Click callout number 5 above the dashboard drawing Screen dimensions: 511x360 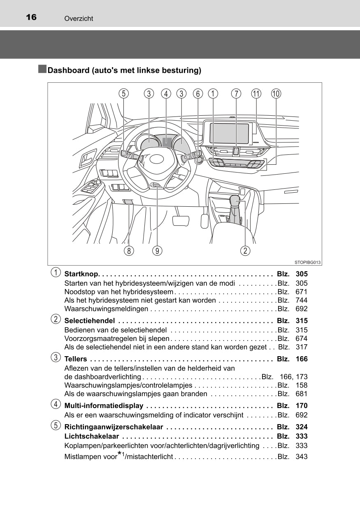click(x=123, y=94)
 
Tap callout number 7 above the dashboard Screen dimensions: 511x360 click(x=236, y=94)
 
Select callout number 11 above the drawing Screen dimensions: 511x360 click(x=256, y=94)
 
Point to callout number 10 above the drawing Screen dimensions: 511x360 click(x=276, y=94)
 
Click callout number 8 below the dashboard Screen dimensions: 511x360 click(x=129, y=250)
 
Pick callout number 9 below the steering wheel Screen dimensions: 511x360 click(x=157, y=250)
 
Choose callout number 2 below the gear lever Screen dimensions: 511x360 click(x=245, y=250)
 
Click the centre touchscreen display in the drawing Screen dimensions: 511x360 click(x=229, y=133)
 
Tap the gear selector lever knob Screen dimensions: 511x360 click(x=235, y=202)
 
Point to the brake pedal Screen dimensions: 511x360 click(x=181, y=220)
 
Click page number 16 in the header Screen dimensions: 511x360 click(x=31, y=17)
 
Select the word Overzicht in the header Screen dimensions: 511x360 click(x=79, y=19)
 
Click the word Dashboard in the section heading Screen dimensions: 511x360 click(x=68, y=70)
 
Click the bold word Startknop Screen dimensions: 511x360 click(x=81, y=274)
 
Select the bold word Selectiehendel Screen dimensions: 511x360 click(x=89, y=321)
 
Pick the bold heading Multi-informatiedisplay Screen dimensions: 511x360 click(x=104, y=406)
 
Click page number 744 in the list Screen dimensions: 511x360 click(x=301, y=300)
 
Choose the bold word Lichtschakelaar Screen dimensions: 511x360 click(x=92, y=436)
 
